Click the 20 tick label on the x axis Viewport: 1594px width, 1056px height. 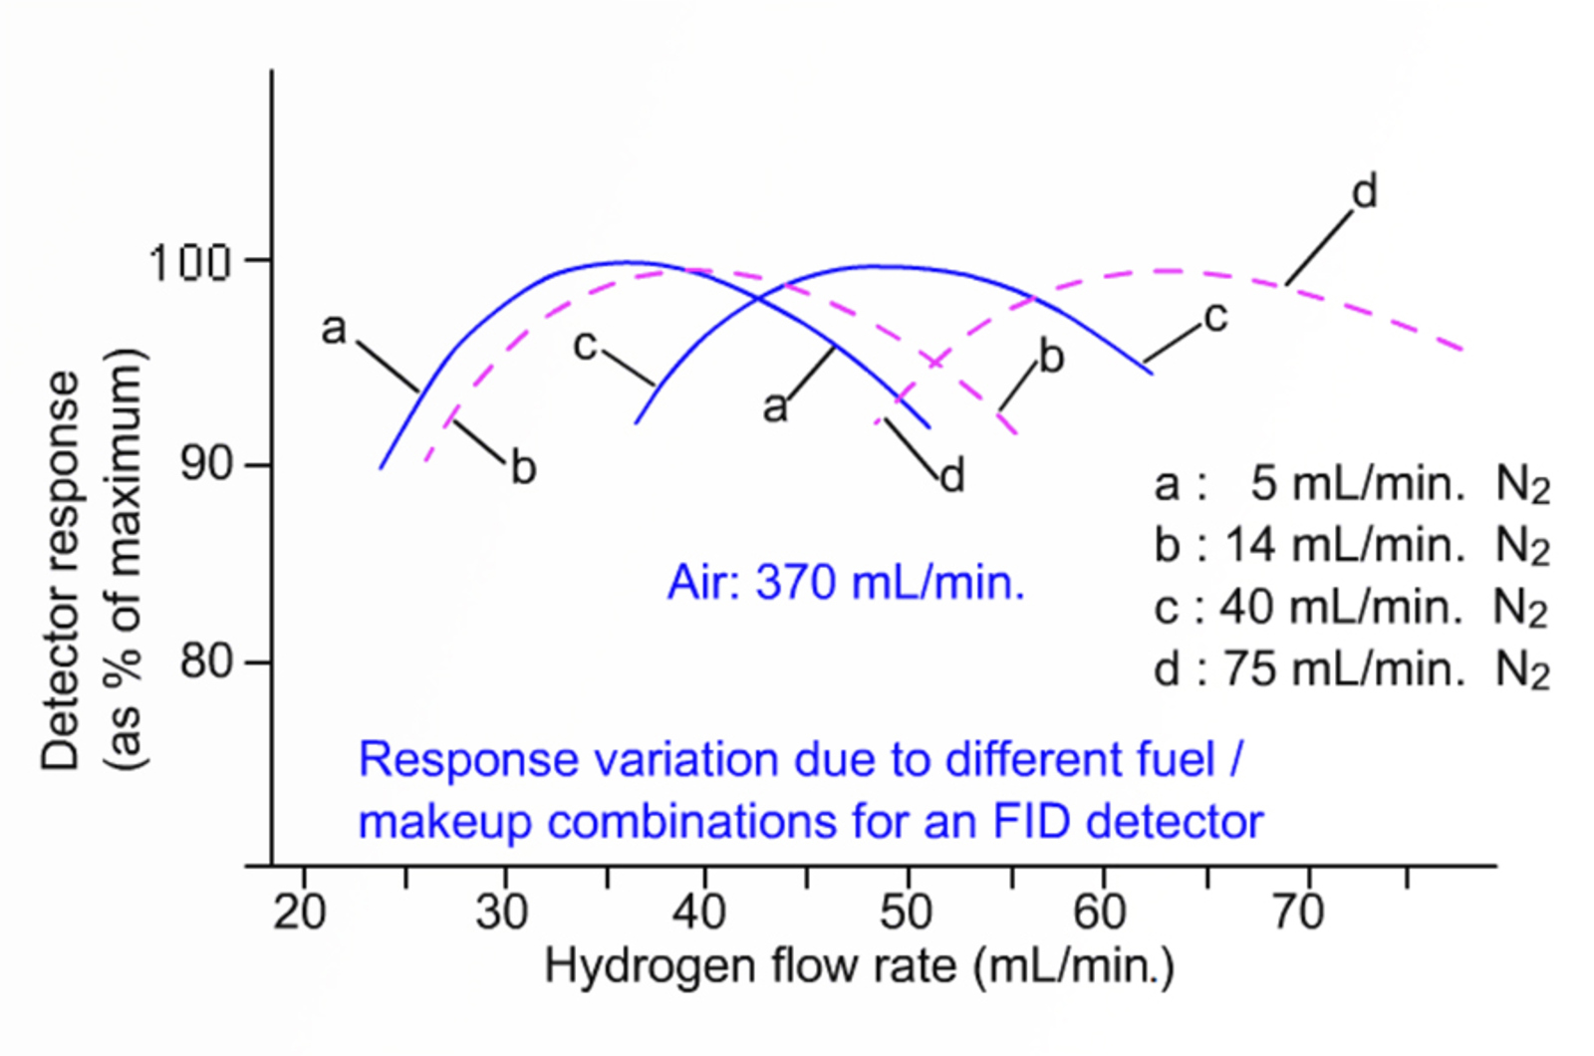tap(300, 912)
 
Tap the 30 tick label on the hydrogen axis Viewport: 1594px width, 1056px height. tap(501, 912)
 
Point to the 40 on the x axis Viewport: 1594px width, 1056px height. tap(699, 912)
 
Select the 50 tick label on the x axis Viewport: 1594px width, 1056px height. tap(905, 912)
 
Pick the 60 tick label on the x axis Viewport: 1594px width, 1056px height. tap(1100, 912)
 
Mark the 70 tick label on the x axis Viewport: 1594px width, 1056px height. tap(1298, 912)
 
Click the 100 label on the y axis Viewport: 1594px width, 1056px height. tap(189, 263)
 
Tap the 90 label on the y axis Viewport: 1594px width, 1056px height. tap(205, 464)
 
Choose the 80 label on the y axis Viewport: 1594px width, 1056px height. tap(205, 660)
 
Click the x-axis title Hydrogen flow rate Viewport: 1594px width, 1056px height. tap(859, 965)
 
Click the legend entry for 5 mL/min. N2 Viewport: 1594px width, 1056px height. tap(1351, 485)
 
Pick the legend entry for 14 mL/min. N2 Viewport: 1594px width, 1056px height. tap(1351, 547)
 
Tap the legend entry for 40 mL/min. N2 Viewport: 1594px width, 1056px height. tap(1351, 608)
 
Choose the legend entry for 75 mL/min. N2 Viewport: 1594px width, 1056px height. tap(1351, 669)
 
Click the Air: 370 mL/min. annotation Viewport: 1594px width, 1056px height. tap(846, 583)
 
